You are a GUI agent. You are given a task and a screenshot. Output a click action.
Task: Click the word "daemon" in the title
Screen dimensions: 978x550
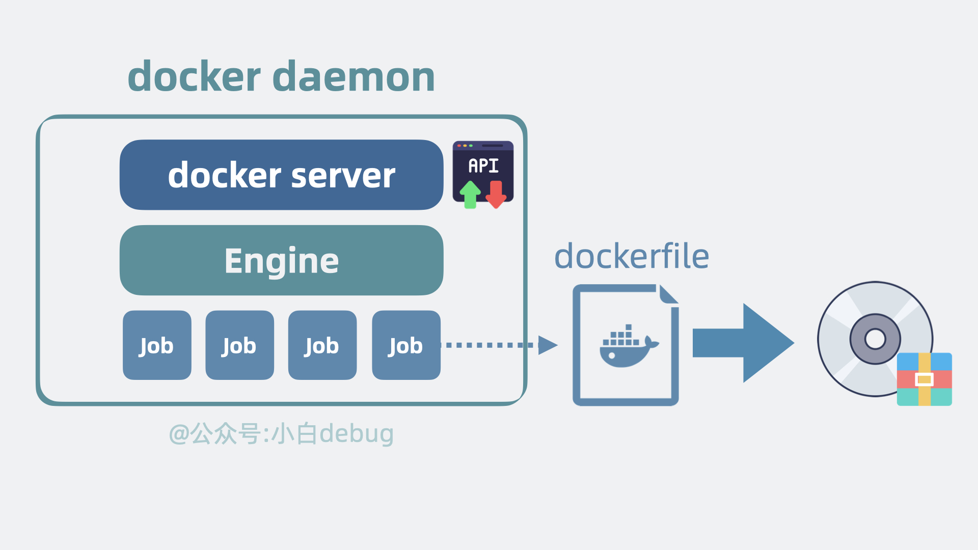coord(354,76)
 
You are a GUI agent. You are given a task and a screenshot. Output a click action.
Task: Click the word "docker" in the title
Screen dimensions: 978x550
coord(194,76)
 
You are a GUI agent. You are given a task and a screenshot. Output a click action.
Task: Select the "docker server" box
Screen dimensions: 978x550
coord(281,175)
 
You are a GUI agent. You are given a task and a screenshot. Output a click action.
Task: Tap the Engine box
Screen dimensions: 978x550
coord(281,260)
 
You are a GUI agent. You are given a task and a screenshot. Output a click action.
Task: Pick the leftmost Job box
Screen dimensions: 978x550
coord(157,345)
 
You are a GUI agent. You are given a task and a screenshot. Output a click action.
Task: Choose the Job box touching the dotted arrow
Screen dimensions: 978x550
coord(406,345)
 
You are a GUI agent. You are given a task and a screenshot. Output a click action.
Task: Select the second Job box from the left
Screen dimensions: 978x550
coord(239,345)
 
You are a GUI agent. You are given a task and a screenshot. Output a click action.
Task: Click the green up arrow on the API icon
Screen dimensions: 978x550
coord(470,195)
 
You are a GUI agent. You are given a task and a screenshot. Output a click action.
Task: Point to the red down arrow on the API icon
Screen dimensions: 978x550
coord(496,195)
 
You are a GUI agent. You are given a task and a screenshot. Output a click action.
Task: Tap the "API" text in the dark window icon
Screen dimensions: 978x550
coord(483,166)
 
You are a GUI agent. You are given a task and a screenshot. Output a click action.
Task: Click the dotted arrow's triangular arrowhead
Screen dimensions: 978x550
coord(548,345)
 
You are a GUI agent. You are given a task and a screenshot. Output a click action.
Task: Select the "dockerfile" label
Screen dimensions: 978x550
coord(632,256)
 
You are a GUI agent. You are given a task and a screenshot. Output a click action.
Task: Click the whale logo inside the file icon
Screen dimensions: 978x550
coord(629,346)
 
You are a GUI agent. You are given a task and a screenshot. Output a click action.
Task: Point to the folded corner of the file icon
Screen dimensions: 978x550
coord(668,294)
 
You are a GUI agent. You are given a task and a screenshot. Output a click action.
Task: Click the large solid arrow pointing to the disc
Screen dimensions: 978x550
coord(743,343)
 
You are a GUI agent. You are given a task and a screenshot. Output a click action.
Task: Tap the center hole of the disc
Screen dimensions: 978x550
coord(875,339)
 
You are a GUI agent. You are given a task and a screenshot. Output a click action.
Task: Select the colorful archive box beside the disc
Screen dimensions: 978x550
coord(925,379)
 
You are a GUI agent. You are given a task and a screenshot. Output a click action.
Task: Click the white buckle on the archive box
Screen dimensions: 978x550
coord(925,379)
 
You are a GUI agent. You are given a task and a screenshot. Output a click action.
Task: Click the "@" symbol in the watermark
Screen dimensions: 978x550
coord(179,434)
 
